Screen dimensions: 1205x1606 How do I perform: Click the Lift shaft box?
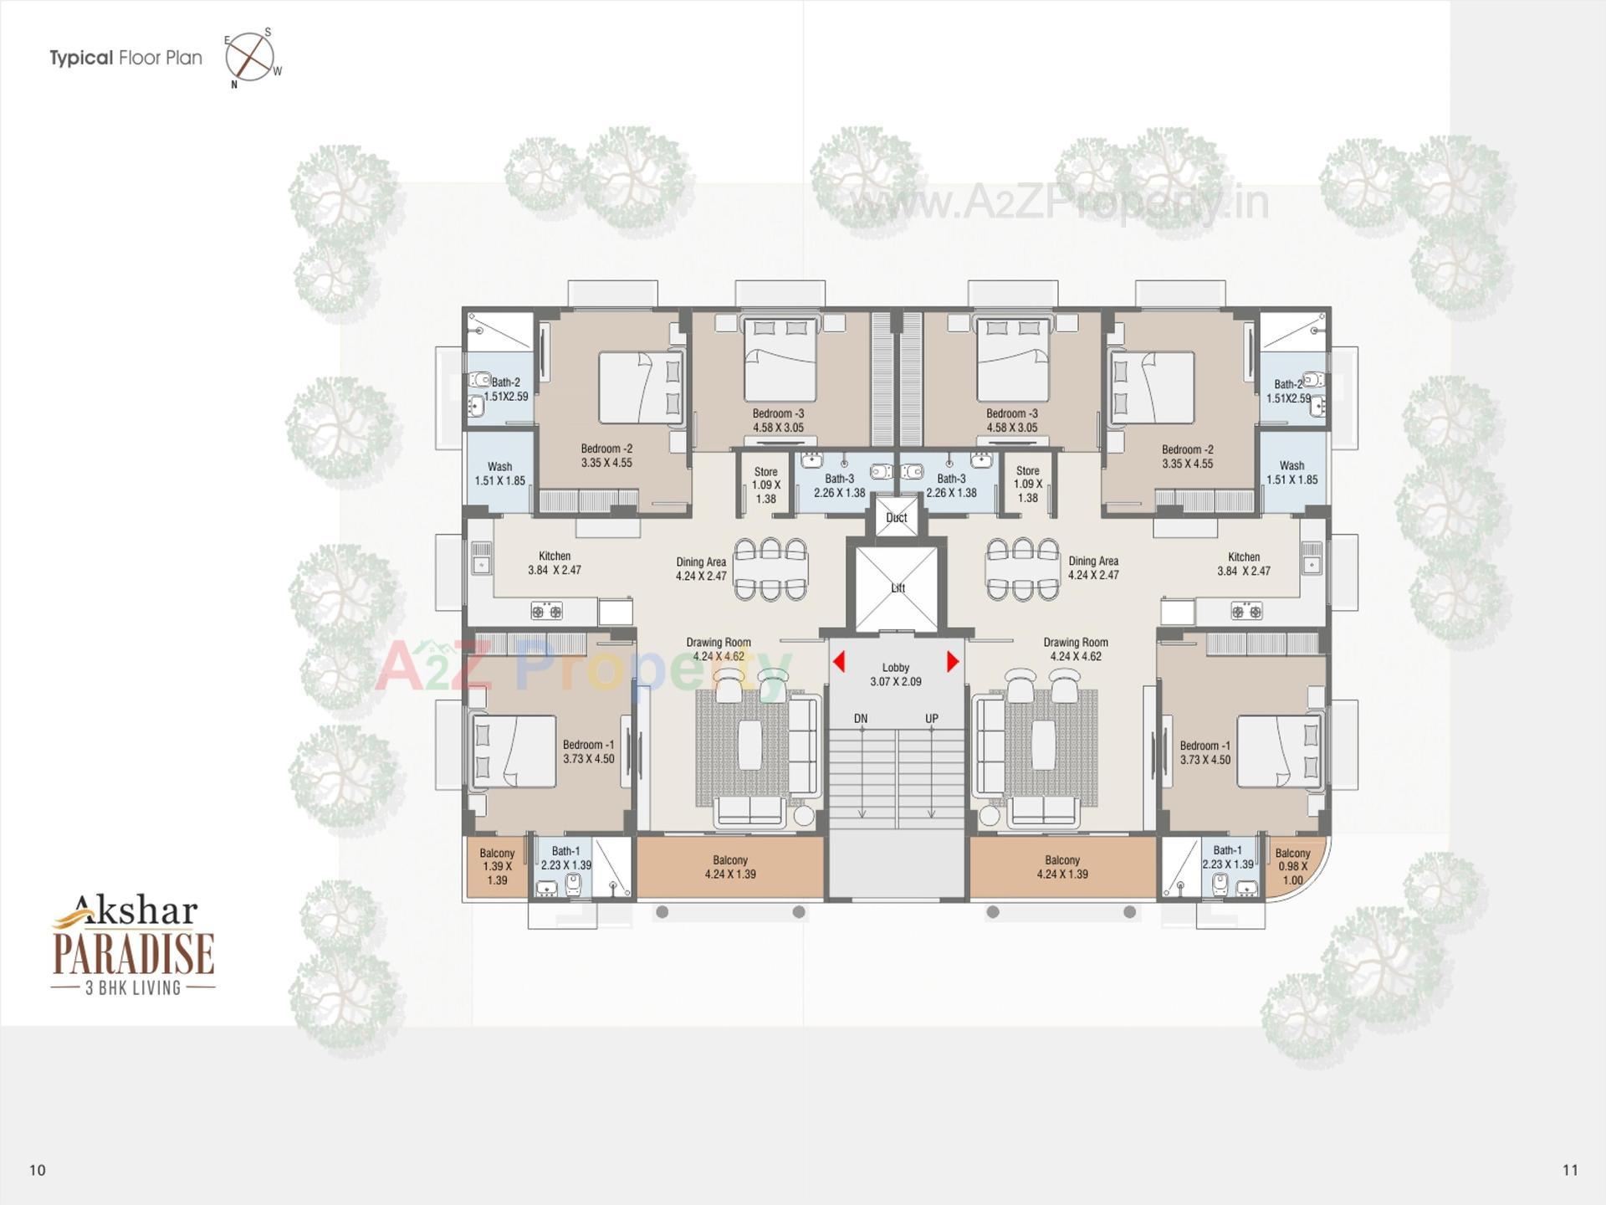(x=897, y=587)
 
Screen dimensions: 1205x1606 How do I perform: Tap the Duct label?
(x=897, y=517)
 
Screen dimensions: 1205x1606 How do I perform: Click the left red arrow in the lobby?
(x=839, y=662)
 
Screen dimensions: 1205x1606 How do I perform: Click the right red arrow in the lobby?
(x=952, y=662)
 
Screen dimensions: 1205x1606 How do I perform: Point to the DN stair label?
(x=861, y=719)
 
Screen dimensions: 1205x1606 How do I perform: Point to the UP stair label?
(x=932, y=719)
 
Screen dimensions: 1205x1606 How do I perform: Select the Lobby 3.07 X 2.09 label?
(x=896, y=674)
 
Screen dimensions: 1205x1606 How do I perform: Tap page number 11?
(x=1569, y=1170)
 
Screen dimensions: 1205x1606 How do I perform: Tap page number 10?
(x=37, y=1170)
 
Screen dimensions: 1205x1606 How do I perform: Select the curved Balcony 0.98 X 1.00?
(x=1293, y=867)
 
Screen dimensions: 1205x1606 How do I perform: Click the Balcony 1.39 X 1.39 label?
(x=497, y=867)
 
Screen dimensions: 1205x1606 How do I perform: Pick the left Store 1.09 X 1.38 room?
(x=765, y=485)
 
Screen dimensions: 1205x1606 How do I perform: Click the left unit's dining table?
(x=770, y=569)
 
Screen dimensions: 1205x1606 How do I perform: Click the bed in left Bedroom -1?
(x=514, y=751)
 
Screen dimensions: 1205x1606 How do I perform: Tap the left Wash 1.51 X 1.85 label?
(x=499, y=473)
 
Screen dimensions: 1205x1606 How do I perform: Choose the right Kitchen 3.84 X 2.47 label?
(x=1243, y=563)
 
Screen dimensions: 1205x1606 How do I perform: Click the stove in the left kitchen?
(x=547, y=612)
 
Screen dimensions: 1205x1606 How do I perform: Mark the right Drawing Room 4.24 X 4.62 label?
(x=1076, y=649)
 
